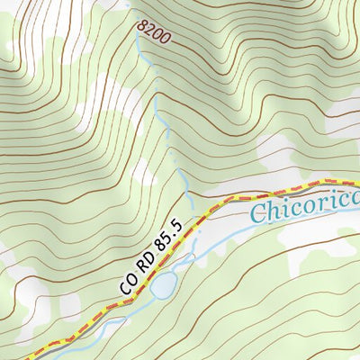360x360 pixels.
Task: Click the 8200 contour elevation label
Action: click(154, 33)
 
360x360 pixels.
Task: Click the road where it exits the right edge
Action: click(357, 184)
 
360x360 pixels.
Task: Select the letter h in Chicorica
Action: click(272, 211)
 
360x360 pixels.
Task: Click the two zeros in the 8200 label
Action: click(162, 38)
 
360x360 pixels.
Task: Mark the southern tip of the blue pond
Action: click(158, 298)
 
